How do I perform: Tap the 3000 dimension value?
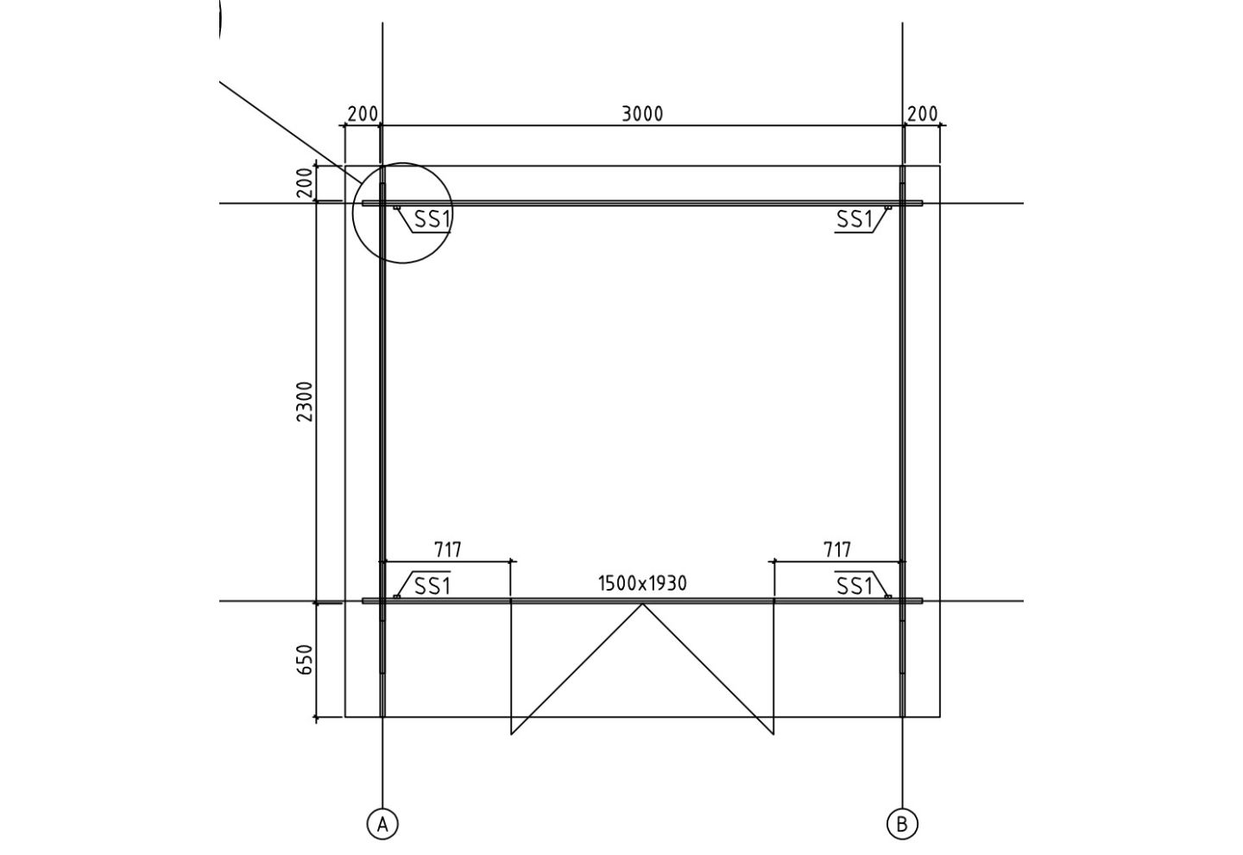tap(642, 114)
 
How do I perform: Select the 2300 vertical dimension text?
tap(306, 401)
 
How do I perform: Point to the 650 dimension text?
tap(306, 659)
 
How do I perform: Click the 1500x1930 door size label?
tap(642, 583)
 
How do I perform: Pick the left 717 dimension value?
tap(447, 549)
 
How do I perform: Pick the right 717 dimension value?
tap(836, 549)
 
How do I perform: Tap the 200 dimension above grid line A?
tap(363, 114)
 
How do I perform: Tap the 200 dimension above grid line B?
tap(922, 114)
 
